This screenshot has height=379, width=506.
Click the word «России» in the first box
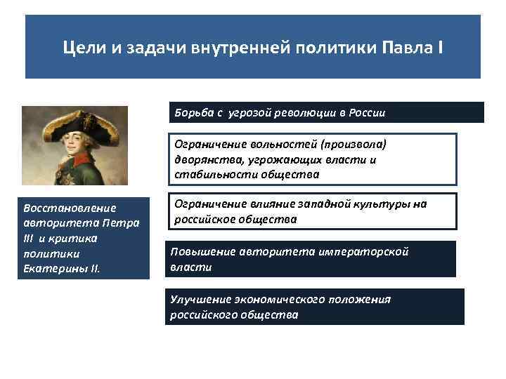365,112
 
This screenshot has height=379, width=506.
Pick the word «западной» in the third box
326,204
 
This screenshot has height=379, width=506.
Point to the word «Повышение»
202,251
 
